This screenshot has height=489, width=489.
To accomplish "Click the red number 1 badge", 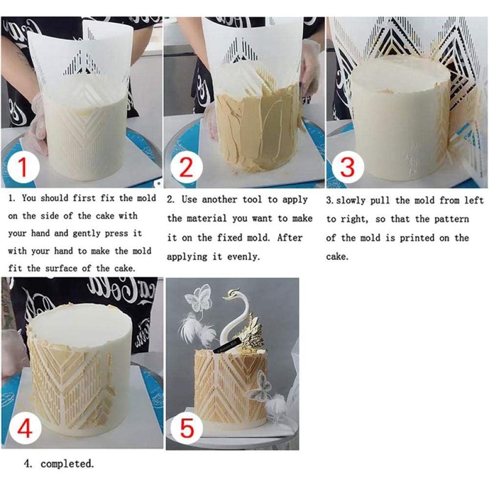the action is (23, 167).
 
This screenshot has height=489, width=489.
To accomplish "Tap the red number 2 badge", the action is (186, 167).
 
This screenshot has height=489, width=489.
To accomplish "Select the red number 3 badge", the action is (348, 167).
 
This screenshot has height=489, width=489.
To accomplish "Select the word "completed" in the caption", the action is (67, 464).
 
